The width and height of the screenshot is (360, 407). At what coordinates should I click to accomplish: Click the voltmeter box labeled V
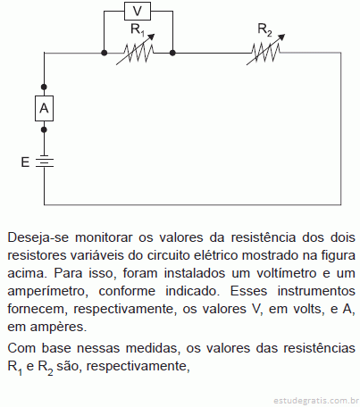point(138,12)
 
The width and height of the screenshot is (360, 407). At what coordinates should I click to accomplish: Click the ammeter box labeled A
point(44,108)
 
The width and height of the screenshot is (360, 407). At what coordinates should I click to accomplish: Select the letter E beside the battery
point(25,162)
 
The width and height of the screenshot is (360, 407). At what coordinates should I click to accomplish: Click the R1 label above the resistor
point(138,29)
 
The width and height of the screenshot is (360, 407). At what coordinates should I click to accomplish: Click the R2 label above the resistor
point(264,29)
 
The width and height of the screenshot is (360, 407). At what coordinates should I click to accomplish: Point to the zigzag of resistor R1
point(138,53)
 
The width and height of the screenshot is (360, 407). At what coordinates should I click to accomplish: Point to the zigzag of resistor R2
point(265,53)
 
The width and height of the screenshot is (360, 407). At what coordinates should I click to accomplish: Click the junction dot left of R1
point(104,53)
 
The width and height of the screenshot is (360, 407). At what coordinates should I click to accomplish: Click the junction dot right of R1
point(172,53)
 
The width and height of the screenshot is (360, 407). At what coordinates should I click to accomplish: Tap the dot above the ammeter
point(44,87)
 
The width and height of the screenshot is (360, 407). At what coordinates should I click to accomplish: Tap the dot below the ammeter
point(44,129)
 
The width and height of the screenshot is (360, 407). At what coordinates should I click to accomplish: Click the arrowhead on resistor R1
point(152,37)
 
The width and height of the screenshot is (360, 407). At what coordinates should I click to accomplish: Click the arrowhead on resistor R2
point(281,37)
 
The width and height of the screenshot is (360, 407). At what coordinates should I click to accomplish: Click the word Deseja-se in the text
point(38,237)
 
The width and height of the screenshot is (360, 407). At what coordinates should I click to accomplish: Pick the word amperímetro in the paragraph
point(48,292)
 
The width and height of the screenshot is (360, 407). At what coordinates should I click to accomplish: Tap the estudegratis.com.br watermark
point(316,401)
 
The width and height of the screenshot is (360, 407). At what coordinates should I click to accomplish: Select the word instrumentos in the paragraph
point(316,291)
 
